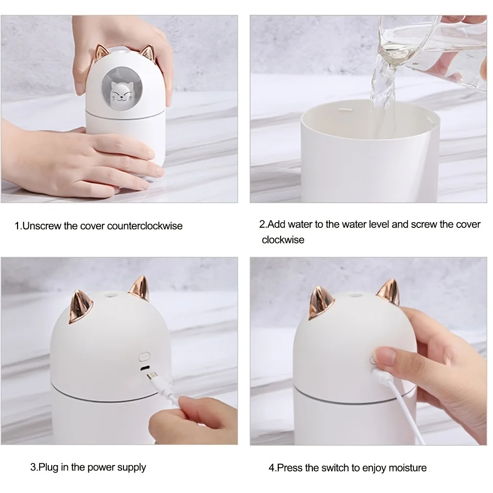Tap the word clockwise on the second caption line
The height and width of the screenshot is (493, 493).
283,240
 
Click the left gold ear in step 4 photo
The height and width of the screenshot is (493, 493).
319,303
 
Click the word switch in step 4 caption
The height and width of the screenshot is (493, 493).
341,468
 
